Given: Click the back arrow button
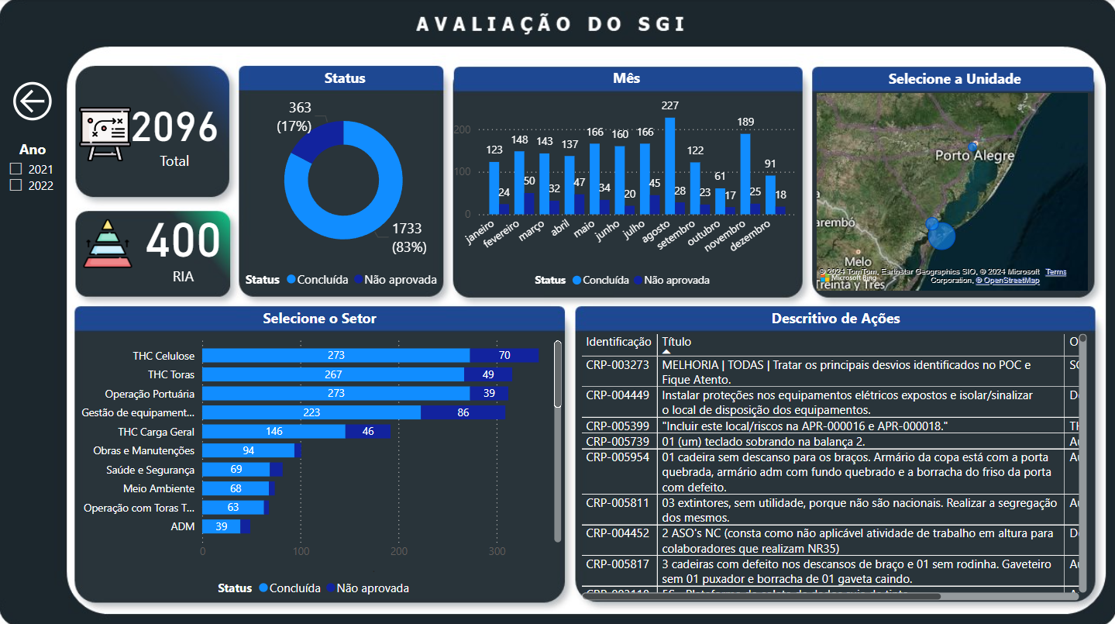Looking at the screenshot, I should pos(33,101).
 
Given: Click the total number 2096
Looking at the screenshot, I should pos(174,127).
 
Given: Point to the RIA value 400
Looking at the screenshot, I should pos(184,241).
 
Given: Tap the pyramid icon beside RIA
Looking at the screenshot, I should pos(108,243).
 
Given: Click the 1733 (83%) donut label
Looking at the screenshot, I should pos(407,237).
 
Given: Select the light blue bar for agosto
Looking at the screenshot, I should pos(669,165).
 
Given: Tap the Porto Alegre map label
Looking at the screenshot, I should pos(974,156).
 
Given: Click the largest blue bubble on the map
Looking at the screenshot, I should pos(942,236).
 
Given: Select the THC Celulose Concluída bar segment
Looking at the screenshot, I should pos(336,356).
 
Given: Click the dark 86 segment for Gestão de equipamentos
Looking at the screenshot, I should pos(463,412).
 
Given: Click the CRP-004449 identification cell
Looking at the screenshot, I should pos(618,395).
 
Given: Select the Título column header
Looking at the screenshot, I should pos(676,342).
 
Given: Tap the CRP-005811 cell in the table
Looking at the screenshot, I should pos(618,503).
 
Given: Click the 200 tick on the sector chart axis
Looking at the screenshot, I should pos(399,551).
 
